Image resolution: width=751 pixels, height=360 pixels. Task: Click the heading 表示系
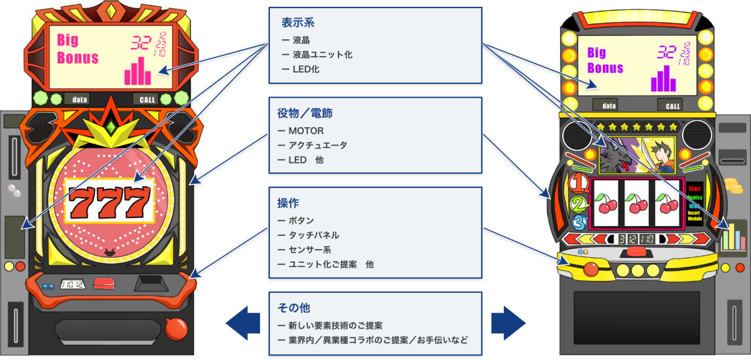click(298, 23)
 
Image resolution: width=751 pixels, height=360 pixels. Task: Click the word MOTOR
click(306, 131)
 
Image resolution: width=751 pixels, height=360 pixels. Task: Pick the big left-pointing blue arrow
click(243, 322)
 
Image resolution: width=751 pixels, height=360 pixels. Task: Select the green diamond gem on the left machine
click(110, 127)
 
